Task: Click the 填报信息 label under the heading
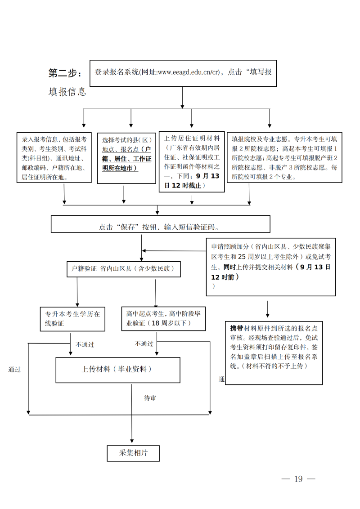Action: [67, 92]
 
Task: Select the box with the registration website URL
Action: [183, 73]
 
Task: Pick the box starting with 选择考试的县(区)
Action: [127, 158]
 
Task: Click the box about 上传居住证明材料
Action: [192, 162]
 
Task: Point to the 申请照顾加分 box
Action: [271, 267]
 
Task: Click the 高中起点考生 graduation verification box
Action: [163, 318]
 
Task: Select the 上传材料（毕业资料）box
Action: [117, 370]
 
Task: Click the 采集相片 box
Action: [133, 453]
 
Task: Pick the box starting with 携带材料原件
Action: [274, 353]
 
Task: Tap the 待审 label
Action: [150, 398]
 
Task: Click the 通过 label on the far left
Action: [14, 370]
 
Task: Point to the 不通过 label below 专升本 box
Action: [85, 345]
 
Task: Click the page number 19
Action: [298, 479]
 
